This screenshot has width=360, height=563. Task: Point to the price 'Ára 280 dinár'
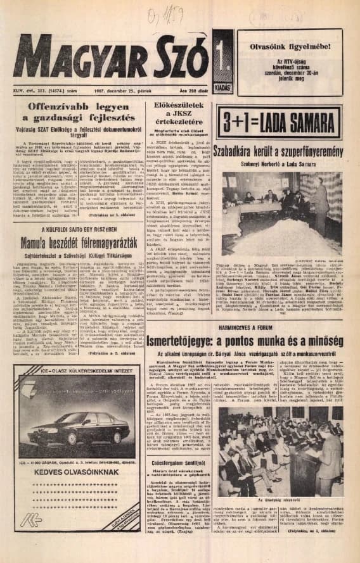click(191, 91)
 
